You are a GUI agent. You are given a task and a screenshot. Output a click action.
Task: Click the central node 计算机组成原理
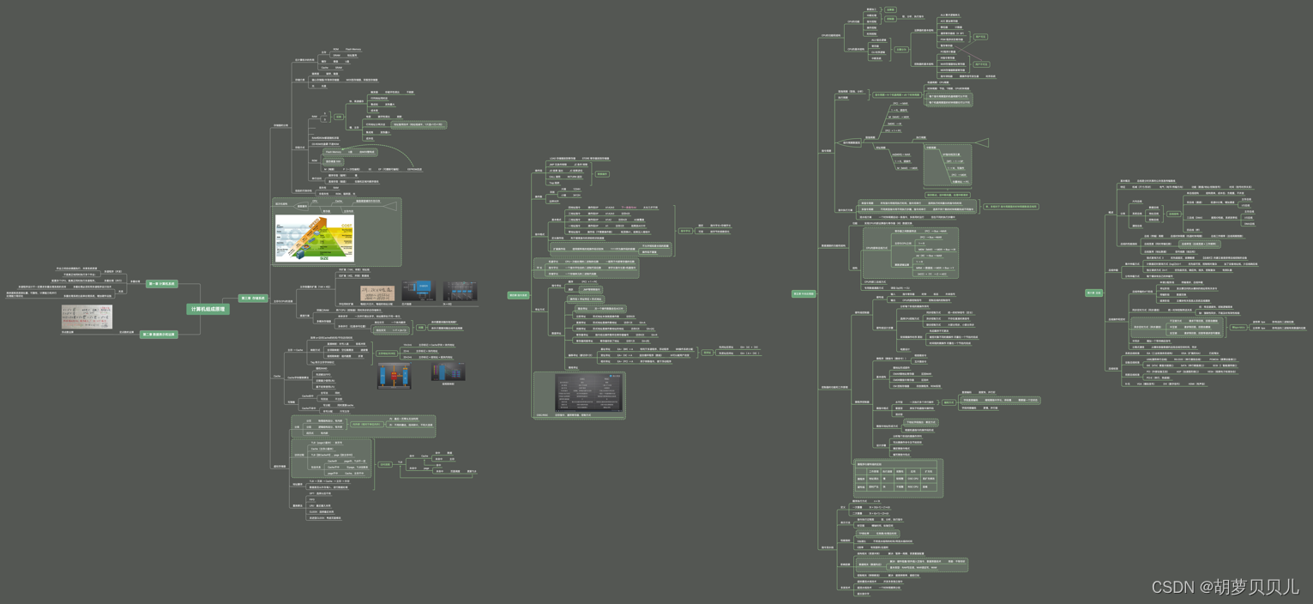click(208, 309)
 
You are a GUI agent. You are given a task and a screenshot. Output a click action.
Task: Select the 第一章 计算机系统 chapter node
click(161, 284)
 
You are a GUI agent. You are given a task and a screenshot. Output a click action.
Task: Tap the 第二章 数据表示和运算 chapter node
click(158, 335)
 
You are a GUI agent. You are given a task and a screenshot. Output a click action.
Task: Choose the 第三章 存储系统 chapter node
click(253, 299)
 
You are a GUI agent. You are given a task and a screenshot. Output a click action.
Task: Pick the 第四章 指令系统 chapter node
click(518, 295)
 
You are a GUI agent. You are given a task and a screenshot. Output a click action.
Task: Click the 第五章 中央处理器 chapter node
click(804, 293)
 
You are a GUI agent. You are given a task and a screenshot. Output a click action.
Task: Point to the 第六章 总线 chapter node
click(1094, 293)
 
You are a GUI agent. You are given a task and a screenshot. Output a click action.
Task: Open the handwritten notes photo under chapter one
click(87, 317)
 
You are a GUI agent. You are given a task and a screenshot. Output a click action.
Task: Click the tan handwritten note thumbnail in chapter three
click(377, 293)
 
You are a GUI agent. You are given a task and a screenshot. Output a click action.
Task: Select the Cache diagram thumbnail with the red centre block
click(394, 376)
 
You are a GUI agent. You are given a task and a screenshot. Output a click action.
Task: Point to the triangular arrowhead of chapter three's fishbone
click(391, 204)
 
